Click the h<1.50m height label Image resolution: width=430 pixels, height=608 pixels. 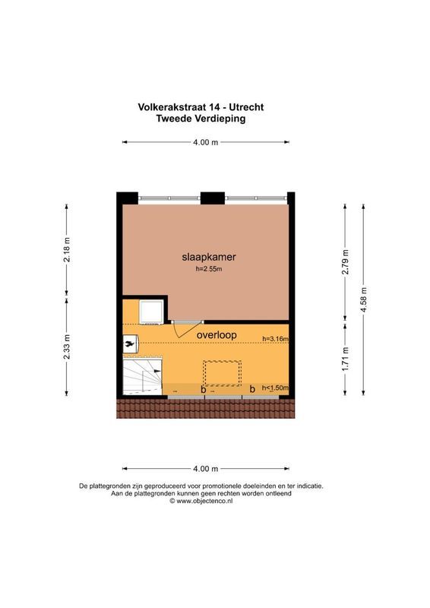tap(275, 388)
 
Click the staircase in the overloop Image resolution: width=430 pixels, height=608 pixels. tap(143, 375)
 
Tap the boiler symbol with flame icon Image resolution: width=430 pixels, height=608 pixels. tap(130, 344)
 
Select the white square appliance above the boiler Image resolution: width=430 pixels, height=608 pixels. tap(150, 312)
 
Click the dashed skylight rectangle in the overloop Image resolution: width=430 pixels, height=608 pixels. tap(221, 372)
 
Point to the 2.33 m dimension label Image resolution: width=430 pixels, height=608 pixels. tap(67, 348)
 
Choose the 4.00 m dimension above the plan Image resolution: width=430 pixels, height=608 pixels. tap(205, 142)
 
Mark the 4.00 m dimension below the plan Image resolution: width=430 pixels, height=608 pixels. tap(205, 469)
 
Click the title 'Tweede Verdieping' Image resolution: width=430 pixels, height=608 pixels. tap(201, 119)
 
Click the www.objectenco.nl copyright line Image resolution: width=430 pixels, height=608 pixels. tap(201, 502)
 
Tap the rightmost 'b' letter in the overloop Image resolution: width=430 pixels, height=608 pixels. tap(252, 389)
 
